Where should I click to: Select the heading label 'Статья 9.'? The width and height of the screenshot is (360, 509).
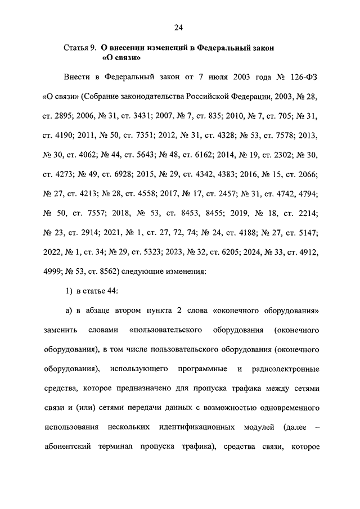click(80, 49)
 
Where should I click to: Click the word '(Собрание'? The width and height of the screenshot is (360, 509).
click(101, 98)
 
